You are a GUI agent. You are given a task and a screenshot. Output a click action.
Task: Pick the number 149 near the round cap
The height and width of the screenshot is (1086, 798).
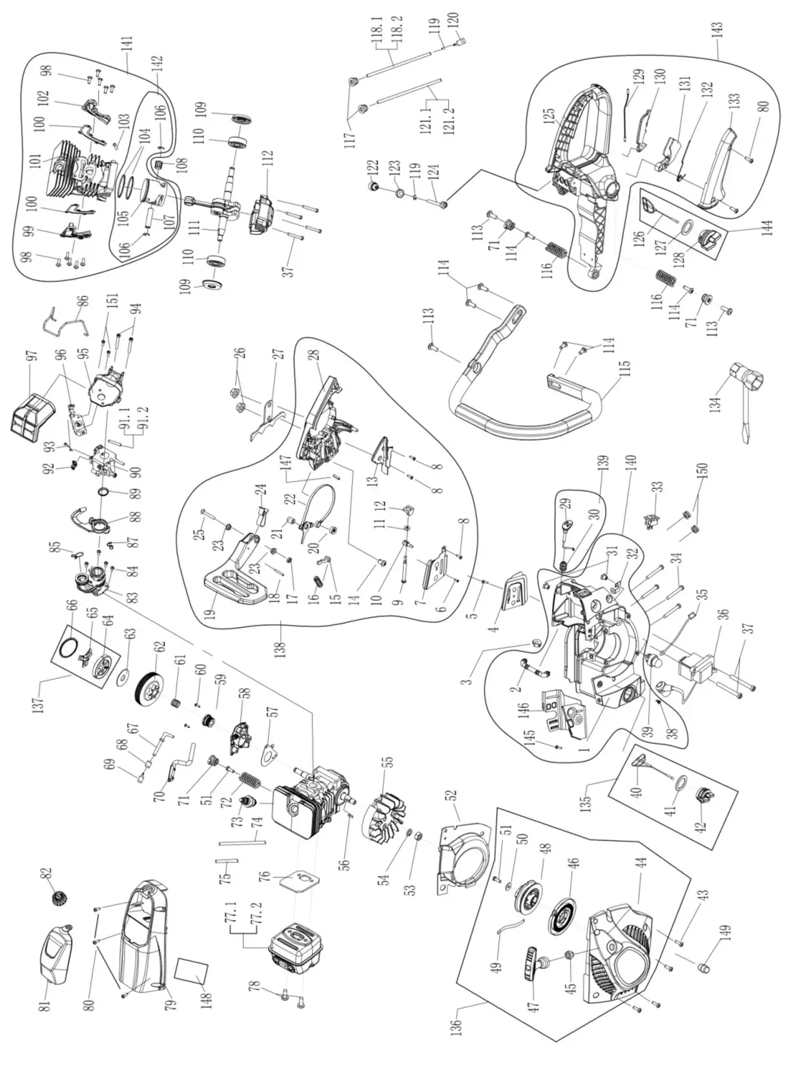724,933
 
